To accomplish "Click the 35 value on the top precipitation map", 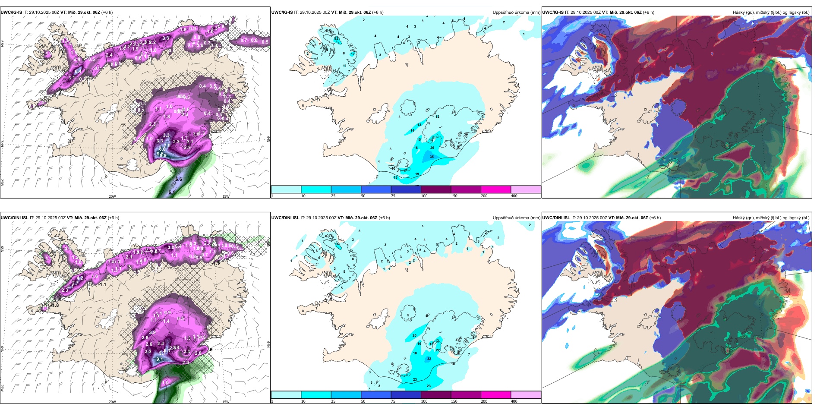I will (x=432, y=157).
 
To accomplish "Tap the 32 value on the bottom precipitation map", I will (x=429, y=359).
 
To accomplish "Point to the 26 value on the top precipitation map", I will (x=432, y=148).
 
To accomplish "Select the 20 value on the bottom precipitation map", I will (x=414, y=335).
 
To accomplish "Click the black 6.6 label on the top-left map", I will (x=179, y=179).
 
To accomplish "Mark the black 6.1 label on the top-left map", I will (x=172, y=192).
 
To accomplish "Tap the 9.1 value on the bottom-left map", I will (x=159, y=359).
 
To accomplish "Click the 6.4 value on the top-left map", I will (x=78, y=71).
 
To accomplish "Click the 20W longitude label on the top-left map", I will (x=112, y=196).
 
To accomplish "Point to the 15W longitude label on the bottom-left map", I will (x=226, y=402).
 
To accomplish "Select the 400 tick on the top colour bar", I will (x=514, y=196).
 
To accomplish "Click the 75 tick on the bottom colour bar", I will (x=393, y=401).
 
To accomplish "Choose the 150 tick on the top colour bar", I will (x=454, y=196).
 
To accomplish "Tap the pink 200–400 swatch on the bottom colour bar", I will (x=495, y=394).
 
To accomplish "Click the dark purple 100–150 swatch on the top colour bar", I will (x=435, y=189).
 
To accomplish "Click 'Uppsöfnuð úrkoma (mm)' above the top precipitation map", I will (x=516, y=13).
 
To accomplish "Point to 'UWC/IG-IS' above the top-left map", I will (x=11, y=13).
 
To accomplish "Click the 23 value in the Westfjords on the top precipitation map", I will (x=336, y=39).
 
